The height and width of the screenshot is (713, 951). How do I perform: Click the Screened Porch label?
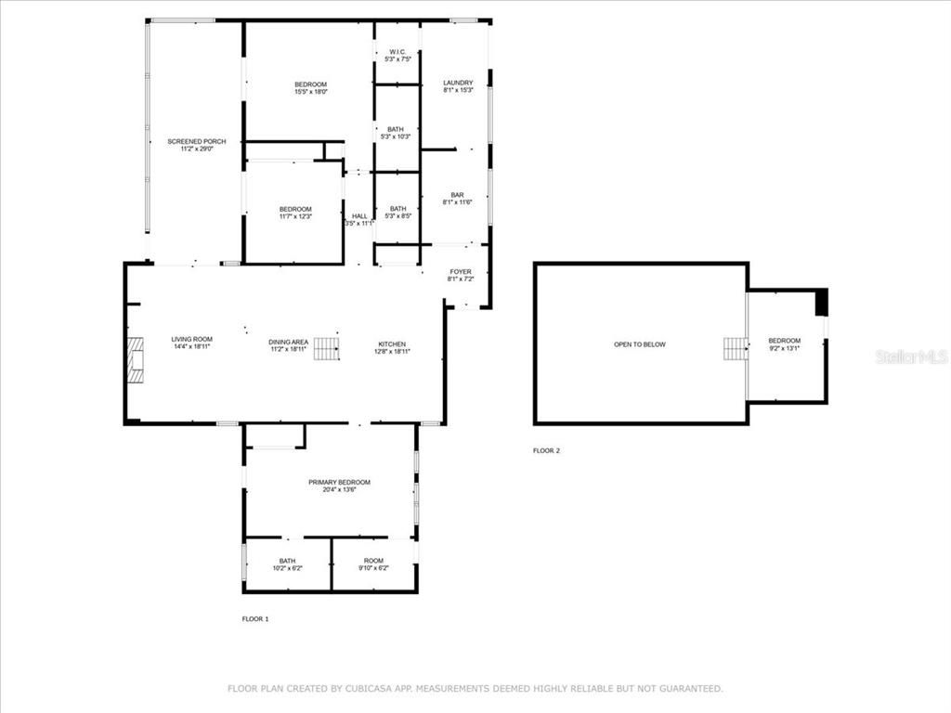coord(196,145)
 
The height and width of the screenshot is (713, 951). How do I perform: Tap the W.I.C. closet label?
coord(397,56)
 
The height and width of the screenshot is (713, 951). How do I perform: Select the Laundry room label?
coord(458,86)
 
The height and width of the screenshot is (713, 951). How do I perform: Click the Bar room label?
coord(457,198)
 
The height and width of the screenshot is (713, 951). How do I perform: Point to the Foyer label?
coord(460,276)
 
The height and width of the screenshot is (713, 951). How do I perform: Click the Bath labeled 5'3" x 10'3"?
coord(396,133)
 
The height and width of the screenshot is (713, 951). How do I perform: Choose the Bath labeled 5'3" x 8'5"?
coord(397,213)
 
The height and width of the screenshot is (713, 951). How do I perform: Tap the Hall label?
coord(359,219)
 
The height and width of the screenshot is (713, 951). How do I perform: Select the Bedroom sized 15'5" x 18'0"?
coord(310,88)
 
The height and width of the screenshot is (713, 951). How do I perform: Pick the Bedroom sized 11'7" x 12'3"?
coord(295,213)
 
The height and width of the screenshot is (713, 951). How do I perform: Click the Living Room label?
coord(191,344)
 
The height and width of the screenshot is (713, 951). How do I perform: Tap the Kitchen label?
coord(391,348)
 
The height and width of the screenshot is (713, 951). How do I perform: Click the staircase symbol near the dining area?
coord(326,349)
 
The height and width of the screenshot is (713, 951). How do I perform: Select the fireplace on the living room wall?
coord(137,360)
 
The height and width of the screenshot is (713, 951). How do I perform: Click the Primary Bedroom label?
coord(339,486)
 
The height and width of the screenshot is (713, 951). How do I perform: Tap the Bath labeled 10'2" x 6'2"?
coord(287,564)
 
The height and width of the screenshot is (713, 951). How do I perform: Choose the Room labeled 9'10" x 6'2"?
coord(373,564)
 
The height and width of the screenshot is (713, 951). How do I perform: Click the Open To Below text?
coord(640,344)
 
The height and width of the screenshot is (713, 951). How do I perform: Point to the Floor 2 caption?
coord(546,451)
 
